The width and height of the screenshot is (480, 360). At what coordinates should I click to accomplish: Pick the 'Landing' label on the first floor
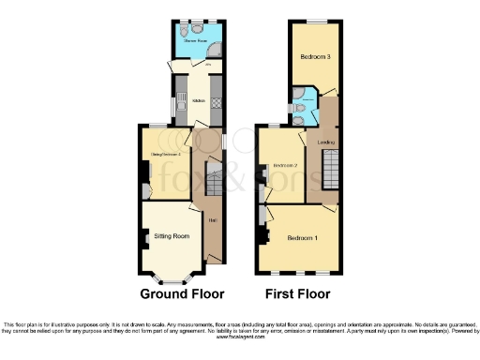(x=326, y=142)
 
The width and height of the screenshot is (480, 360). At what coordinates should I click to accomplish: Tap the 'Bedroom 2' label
(x=284, y=165)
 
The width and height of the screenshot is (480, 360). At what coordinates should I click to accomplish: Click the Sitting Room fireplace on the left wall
(x=146, y=238)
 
